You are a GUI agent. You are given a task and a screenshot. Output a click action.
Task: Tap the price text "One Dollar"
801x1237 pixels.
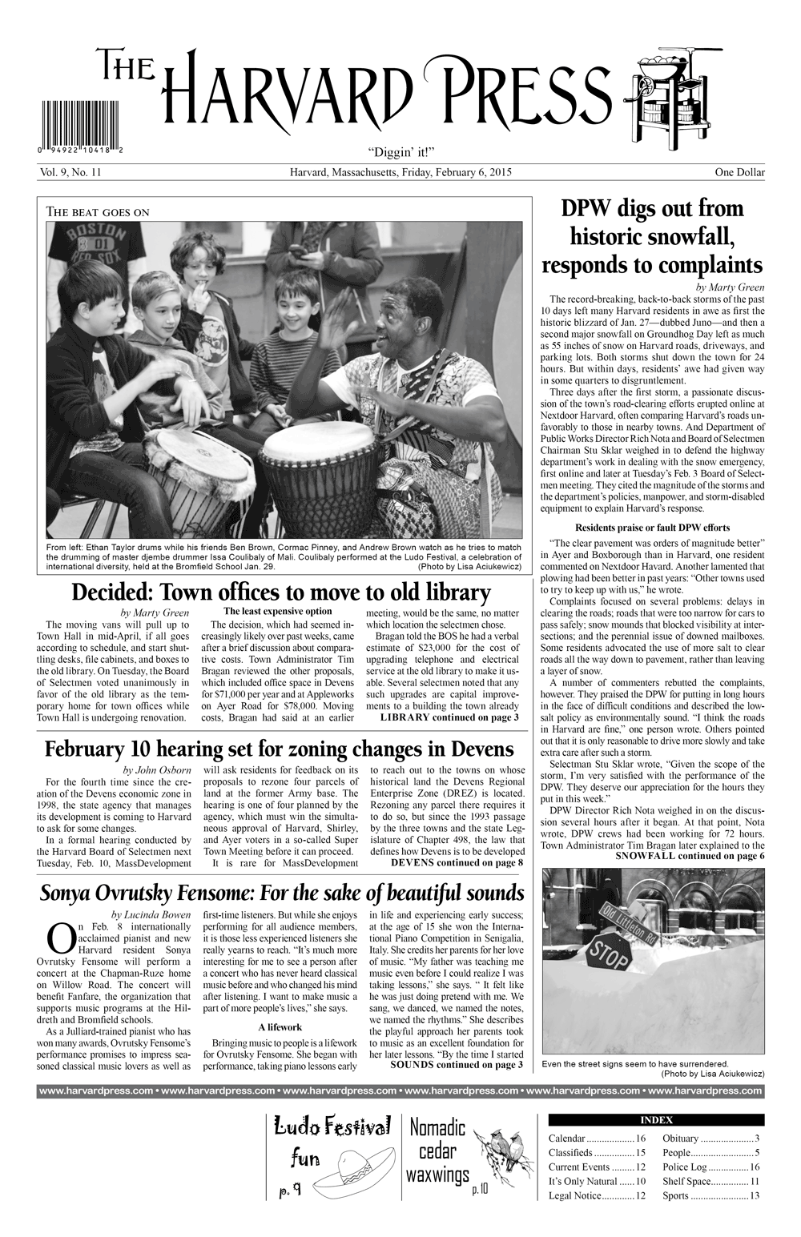tap(739, 172)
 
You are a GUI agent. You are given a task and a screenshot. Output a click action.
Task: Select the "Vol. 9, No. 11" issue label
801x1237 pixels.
tap(68, 172)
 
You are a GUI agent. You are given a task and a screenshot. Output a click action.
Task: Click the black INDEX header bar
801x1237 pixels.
tap(656, 1119)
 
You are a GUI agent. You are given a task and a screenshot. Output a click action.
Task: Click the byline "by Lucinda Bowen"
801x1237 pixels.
tap(151, 914)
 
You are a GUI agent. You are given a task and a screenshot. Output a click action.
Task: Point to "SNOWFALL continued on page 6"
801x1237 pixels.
tap(689, 855)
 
